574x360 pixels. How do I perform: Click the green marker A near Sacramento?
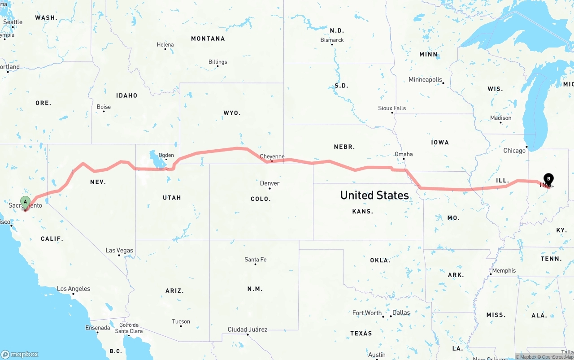coord(26,202)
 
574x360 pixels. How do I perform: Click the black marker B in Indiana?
coord(548,179)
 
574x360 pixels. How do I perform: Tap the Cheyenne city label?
coord(272,156)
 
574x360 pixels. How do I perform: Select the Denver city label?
coord(270,183)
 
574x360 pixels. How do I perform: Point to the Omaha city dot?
coord(404,159)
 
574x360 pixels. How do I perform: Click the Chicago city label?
coord(514,151)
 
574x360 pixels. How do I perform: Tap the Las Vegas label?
coord(119,250)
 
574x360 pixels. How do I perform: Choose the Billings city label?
coord(217,62)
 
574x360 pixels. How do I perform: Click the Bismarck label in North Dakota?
coord(332,40)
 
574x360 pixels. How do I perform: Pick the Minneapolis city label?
coord(425,79)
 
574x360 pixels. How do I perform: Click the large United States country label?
coord(374,195)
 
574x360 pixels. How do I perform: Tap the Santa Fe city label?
coord(255,259)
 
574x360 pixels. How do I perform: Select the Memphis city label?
coord(504,270)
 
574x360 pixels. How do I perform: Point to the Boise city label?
coord(104,107)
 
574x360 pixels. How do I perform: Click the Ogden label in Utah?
coord(166,155)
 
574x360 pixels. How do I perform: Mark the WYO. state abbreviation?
coord(232,113)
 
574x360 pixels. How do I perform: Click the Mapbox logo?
coord(20,354)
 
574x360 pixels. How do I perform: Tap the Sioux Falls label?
coord(392,108)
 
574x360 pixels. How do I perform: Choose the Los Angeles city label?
coord(74,289)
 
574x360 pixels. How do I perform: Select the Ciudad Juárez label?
coord(248,330)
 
